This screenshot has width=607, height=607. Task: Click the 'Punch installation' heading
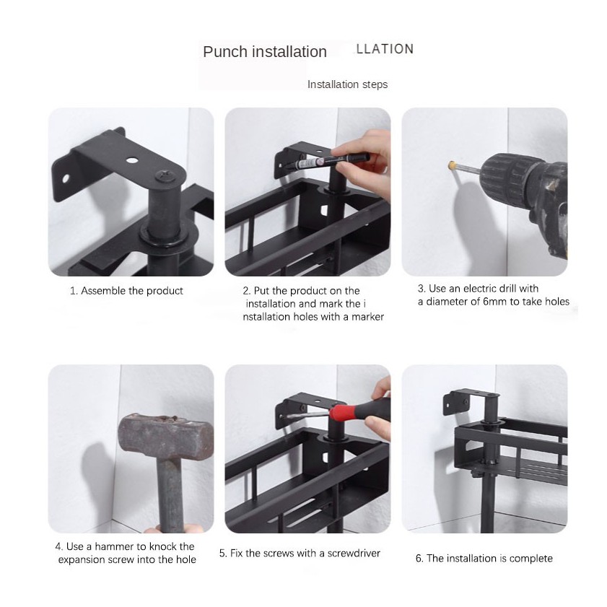265,52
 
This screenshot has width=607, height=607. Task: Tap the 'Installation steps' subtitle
347,84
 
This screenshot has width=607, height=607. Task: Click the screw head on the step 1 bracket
163,176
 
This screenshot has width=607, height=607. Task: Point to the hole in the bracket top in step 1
131,160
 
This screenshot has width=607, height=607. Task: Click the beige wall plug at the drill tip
452,165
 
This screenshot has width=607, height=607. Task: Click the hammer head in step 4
166,436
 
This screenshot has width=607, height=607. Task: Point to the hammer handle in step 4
170,496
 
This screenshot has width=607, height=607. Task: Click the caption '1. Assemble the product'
126,291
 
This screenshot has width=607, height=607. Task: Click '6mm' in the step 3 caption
494,302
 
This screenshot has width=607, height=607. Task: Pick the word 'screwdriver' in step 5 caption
354,553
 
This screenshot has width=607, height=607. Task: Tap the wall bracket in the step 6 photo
471,403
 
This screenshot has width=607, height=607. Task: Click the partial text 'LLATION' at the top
385,49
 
